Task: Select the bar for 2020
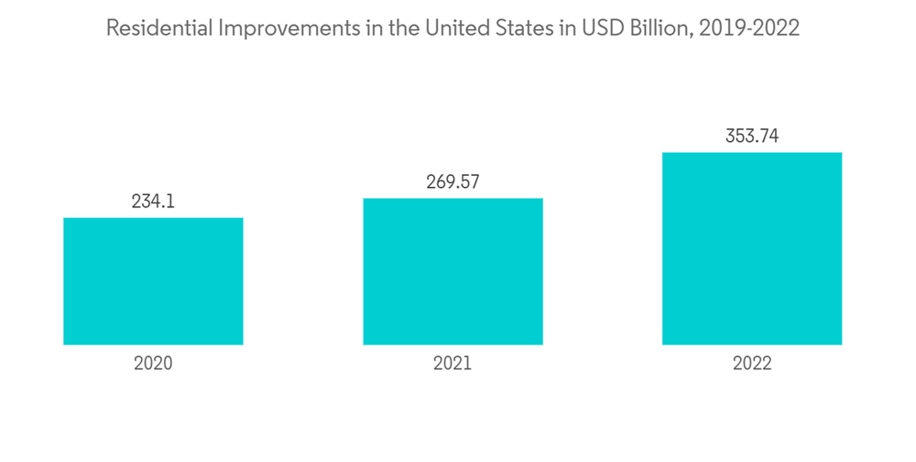pyautogui.click(x=153, y=281)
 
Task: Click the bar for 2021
pyautogui.click(x=453, y=271)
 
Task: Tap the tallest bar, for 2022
pyautogui.click(x=752, y=248)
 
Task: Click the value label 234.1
pyautogui.click(x=153, y=202)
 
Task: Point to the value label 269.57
pyautogui.click(x=453, y=182)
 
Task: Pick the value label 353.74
pyautogui.click(x=752, y=137)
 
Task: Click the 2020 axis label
pyautogui.click(x=153, y=363)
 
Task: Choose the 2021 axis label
pyautogui.click(x=453, y=363)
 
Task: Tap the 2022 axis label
pyautogui.click(x=752, y=363)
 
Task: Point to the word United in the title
pyautogui.click(x=452, y=28)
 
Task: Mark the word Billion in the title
pyautogui.click(x=656, y=28)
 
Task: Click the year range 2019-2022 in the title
pyautogui.click(x=749, y=28)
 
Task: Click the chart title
pyautogui.click(x=453, y=28)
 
